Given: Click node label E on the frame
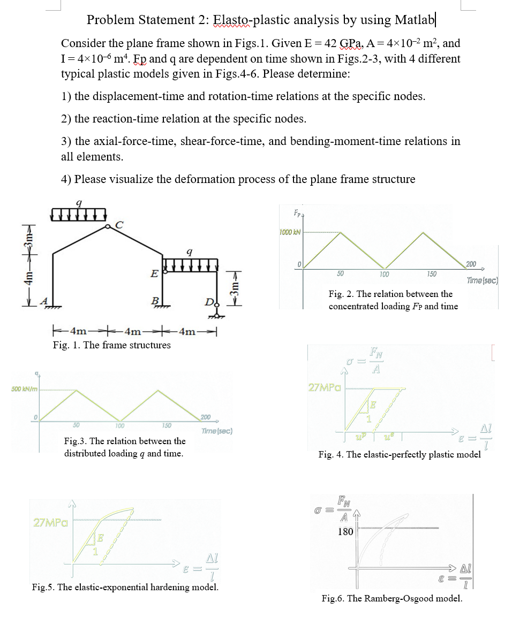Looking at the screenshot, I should point(154,274).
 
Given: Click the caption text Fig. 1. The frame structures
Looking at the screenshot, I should point(111,345).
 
